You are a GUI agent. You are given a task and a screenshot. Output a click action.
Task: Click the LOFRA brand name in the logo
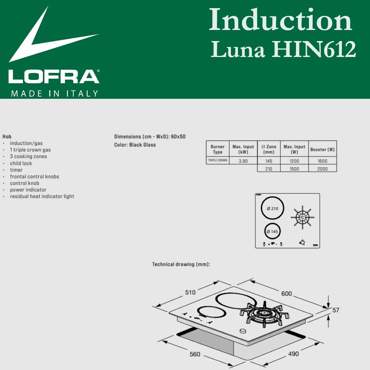[x=54, y=77]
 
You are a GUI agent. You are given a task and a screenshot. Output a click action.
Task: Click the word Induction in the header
[x=280, y=20]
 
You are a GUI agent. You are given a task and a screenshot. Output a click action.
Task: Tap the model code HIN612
[x=314, y=50]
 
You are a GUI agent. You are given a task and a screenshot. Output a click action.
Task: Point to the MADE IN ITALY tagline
[x=55, y=94]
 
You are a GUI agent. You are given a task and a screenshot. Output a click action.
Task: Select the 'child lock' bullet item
[x=21, y=163]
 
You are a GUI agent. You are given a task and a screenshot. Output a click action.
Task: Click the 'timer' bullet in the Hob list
[x=16, y=170]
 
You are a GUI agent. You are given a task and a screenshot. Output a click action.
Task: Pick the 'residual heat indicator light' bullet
[x=42, y=196]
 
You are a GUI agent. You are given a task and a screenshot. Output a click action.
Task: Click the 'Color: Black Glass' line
[x=135, y=145]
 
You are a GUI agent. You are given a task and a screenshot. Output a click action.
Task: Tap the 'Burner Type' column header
[x=218, y=149]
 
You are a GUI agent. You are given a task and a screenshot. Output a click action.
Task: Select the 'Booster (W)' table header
[x=323, y=149]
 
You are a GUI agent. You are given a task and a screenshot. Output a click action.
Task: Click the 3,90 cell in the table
[x=243, y=161]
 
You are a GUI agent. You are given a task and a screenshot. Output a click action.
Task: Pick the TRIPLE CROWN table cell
[x=218, y=161]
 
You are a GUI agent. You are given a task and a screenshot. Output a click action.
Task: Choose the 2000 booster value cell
[x=323, y=168]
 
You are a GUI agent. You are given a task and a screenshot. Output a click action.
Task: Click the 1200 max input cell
[x=294, y=161]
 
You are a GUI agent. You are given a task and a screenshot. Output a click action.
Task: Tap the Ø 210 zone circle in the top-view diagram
[x=272, y=208]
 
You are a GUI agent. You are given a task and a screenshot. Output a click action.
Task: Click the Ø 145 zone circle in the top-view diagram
[x=272, y=232]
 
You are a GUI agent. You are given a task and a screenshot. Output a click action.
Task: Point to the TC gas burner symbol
[x=303, y=217]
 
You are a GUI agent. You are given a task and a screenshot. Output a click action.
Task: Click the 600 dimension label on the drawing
[x=286, y=294]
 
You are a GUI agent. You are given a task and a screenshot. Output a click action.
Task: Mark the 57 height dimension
[x=336, y=310]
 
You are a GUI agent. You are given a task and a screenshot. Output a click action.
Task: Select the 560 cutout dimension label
[x=195, y=354]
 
